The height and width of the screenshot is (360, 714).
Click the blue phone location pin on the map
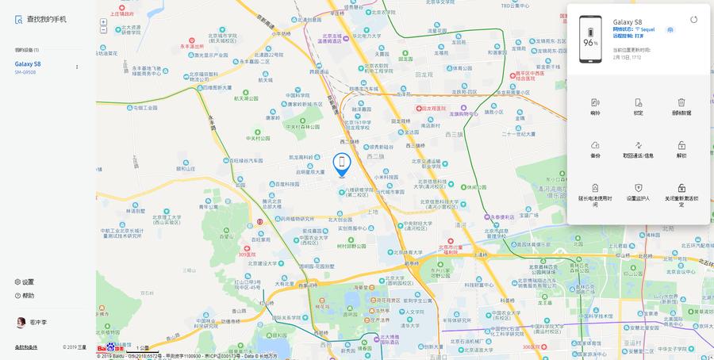coord(342,164)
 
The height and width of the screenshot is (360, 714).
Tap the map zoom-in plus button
coord(103,22)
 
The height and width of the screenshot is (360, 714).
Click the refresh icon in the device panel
coord(693,20)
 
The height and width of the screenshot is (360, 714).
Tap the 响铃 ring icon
coord(595,102)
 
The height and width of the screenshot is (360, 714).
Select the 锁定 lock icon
coord(638,102)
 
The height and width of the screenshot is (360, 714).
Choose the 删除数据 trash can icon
coord(681,102)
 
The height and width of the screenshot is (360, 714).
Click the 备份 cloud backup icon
coord(595,145)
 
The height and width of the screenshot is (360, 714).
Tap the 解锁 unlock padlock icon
coord(681,145)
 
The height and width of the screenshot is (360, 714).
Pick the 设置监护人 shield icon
coord(638,188)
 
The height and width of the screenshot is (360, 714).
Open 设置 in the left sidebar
coord(28,281)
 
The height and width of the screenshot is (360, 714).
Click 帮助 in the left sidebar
coord(28,295)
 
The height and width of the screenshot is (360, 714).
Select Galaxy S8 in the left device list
coord(28,63)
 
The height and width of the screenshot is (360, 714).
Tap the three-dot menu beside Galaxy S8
coord(77,67)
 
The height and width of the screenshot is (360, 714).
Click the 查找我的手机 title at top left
coord(46,19)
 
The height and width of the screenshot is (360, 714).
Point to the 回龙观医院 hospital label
coord(433,108)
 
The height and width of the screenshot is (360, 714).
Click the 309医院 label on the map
coord(248,255)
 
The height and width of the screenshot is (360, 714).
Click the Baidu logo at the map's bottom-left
coord(110,347)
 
